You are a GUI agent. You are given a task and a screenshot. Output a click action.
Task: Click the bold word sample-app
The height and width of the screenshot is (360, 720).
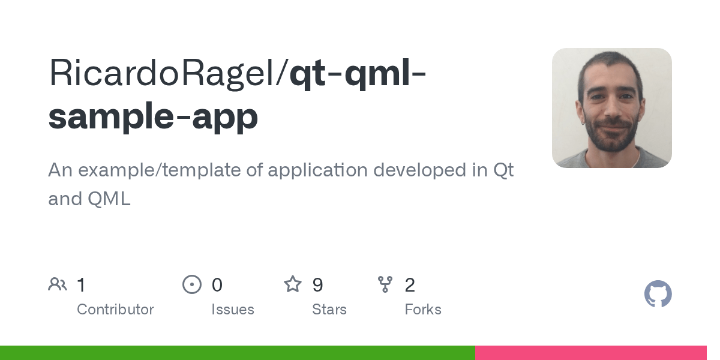pyautogui.click(x=153, y=116)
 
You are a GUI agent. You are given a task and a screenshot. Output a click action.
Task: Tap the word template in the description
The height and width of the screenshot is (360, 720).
pyautogui.click(x=213, y=170)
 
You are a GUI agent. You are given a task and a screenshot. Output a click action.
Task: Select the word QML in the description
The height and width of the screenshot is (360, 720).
pyautogui.click(x=109, y=199)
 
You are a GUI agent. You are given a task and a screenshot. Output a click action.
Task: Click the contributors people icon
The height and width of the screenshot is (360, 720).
pyautogui.click(x=58, y=284)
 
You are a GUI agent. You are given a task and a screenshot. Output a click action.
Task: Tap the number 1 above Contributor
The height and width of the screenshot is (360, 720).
pyautogui.click(x=81, y=284)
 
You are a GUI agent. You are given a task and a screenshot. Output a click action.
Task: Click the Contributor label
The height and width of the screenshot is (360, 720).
pyautogui.click(x=115, y=310)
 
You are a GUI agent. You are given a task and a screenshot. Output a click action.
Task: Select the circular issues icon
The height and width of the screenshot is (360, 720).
pyautogui.click(x=192, y=284)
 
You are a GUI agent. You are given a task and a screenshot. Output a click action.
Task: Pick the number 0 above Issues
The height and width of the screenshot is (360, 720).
pyautogui.click(x=217, y=284)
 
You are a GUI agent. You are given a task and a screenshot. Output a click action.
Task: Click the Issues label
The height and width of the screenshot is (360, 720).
pyautogui.click(x=233, y=310)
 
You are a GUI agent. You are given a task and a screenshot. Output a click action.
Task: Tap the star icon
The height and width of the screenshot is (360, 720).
pyautogui.click(x=293, y=284)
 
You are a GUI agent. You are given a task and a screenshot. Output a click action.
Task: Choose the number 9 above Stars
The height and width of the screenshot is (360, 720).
pyautogui.click(x=318, y=284)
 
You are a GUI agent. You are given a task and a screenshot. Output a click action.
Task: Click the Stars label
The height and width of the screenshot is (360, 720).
pyautogui.click(x=329, y=310)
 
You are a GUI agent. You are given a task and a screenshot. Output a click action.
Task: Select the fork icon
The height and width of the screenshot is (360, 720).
pyautogui.click(x=385, y=284)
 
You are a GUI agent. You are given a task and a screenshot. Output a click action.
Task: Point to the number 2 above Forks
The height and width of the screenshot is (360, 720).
pyautogui.click(x=410, y=284)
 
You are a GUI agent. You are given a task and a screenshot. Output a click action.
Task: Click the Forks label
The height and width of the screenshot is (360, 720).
pyautogui.click(x=423, y=310)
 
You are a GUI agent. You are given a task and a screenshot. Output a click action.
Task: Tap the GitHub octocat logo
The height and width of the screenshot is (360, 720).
pyautogui.click(x=658, y=294)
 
